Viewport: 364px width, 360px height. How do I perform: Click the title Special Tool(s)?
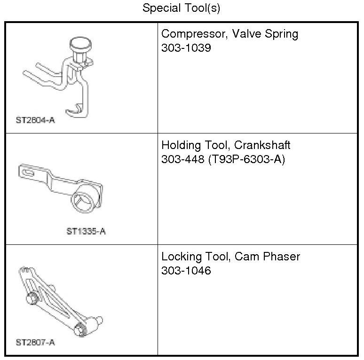point(181,8)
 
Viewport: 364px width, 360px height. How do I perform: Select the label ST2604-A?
point(35,120)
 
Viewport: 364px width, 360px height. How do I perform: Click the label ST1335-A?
point(86,231)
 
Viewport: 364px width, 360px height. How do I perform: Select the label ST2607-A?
point(35,342)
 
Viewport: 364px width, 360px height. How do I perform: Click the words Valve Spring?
point(263,34)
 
